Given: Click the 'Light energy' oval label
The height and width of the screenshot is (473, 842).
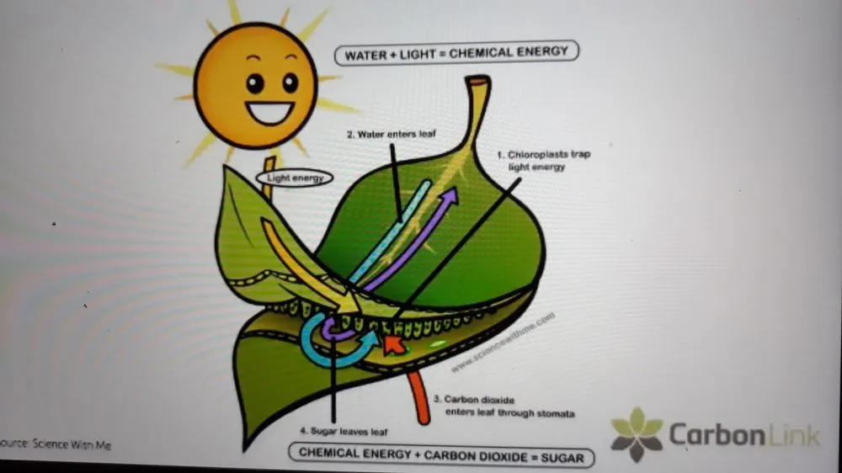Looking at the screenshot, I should pos(295,178).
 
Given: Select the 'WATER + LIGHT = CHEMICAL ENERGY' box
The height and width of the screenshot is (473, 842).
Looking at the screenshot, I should pos(457,53).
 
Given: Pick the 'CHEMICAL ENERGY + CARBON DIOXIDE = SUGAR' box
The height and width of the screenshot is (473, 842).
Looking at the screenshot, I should pos(441,455).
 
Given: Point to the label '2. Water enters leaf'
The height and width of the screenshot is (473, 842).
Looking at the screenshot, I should pos(392,135).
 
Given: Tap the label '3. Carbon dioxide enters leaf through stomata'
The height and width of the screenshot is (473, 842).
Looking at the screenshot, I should pos(504,407).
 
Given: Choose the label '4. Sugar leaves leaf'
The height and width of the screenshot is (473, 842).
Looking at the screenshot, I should pos(344,431).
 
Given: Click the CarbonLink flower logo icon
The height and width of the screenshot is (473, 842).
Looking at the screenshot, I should pos(637,434).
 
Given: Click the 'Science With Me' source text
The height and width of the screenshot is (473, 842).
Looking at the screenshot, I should pos(56,444).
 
